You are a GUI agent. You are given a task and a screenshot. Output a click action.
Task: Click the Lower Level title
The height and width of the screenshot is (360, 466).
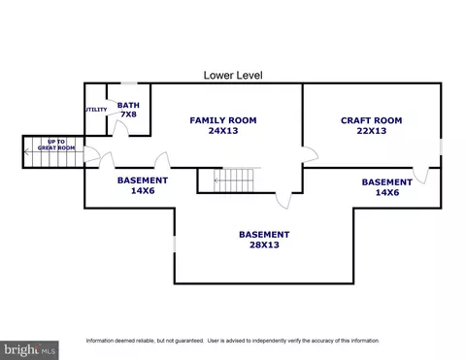(x=233, y=76)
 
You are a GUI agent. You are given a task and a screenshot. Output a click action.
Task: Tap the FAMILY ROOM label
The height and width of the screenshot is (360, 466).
(x=223, y=120)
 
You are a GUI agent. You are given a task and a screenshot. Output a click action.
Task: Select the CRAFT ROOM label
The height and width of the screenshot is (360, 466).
(x=372, y=120)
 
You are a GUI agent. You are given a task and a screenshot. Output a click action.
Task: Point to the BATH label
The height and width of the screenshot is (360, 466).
(x=128, y=105)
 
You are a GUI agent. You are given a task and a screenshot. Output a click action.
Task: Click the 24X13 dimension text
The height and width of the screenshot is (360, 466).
(x=223, y=131)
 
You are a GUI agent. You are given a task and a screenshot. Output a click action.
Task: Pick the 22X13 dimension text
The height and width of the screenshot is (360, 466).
(x=372, y=131)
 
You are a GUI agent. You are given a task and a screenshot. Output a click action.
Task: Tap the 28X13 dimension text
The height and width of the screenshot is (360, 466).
(x=264, y=245)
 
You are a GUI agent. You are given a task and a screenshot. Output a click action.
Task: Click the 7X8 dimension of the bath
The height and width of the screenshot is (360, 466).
(x=128, y=115)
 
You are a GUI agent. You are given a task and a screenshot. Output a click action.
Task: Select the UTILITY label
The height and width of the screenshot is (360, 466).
(x=96, y=110)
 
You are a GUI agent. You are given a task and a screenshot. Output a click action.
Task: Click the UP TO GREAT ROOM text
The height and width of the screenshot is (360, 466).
(x=56, y=145)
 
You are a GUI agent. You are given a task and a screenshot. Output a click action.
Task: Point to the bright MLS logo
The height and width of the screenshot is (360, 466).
(x=29, y=350)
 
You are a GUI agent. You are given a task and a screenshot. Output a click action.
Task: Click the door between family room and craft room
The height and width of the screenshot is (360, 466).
(x=311, y=154)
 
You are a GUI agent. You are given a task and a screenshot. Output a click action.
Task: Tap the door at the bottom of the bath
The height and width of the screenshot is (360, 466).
(x=120, y=129)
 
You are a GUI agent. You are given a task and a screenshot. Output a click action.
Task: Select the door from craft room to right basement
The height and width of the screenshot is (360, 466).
(x=420, y=176)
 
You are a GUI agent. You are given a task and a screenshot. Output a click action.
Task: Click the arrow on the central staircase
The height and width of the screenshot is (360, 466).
(x=234, y=180)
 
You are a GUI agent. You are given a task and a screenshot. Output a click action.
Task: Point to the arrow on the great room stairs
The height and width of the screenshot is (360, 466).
(x=50, y=151)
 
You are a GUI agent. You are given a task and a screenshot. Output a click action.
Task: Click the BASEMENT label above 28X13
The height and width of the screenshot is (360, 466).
(x=264, y=234)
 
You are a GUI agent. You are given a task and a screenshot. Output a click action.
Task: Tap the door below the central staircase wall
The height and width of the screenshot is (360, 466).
(x=283, y=201)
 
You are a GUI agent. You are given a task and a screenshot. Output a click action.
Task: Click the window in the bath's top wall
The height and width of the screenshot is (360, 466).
(x=129, y=83)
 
